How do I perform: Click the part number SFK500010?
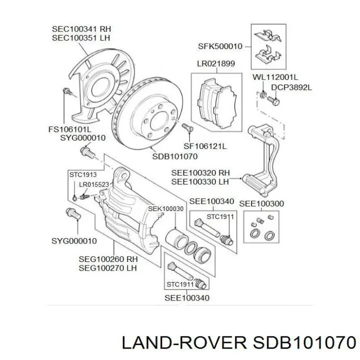coord(220,46)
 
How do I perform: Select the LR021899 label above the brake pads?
coord(216,63)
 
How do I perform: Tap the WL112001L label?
coord(275,77)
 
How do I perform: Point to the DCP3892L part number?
coord(291,87)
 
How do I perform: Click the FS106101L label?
coord(70,129)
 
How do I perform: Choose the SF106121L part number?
coord(205,146)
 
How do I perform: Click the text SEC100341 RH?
coord(81,29)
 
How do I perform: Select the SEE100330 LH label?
coord(200,182)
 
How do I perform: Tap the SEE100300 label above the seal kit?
coord(261,203)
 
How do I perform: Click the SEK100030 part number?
coord(166,209)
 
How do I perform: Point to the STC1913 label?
coord(83,174)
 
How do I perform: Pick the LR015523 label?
coord(94,184)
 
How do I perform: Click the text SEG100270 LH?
coord(107,268)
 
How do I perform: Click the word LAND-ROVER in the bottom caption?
coord(184,343)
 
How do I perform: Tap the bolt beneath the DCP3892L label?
coord(273,100)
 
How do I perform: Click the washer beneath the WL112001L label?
coord(263,94)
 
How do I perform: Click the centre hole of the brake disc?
coord(158,121)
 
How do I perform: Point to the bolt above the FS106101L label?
coord(67,91)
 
